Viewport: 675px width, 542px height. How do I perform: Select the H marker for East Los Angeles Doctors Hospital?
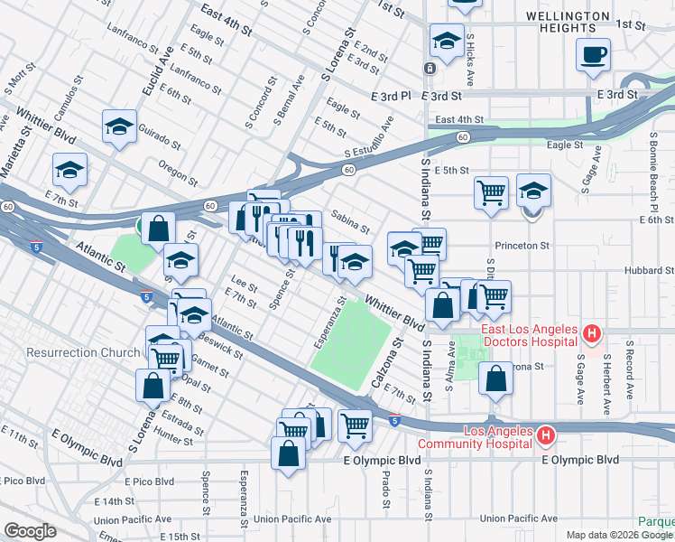point(591,334)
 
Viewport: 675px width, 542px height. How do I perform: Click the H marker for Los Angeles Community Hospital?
point(545,437)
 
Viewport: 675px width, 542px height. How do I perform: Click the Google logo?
point(30,530)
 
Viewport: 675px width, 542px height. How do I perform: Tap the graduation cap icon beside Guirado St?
point(118,127)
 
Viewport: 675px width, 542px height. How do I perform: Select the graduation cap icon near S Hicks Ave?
point(445,40)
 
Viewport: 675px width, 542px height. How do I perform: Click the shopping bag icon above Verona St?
point(496,380)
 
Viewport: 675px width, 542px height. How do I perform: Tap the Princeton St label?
point(522,246)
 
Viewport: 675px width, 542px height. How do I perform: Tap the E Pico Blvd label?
point(150,481)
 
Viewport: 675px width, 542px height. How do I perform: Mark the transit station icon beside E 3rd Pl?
point(430,69)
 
